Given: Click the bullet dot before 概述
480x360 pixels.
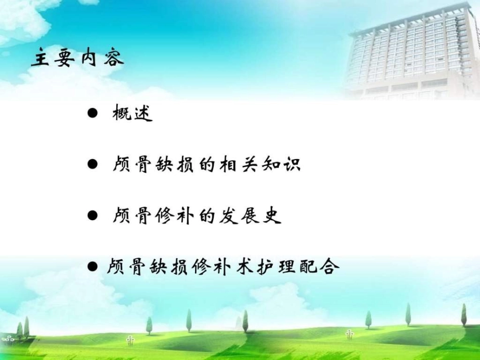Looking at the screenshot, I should point(91,114).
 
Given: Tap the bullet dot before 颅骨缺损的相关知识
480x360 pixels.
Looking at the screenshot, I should point(91,165).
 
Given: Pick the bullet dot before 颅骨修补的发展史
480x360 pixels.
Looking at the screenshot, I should point(91,216).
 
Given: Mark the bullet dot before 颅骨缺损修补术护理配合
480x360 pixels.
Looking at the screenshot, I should point(92,266).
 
